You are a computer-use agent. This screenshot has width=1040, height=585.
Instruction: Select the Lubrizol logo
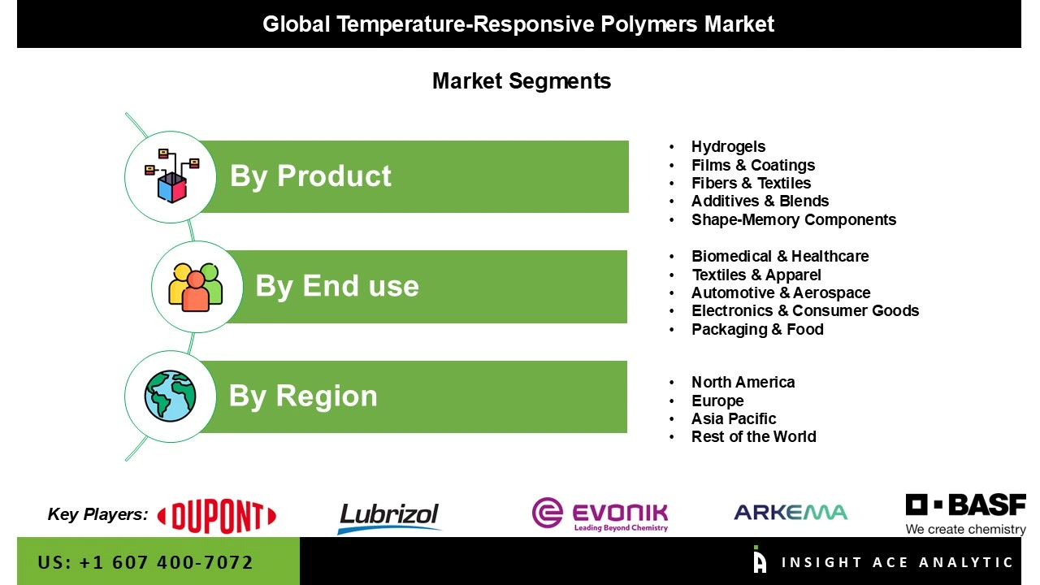coord(388,517)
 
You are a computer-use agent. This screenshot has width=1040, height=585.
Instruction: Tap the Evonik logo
coord(600,514)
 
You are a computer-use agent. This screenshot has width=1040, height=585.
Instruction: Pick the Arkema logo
coord(790,512)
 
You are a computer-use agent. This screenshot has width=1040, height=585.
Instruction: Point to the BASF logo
coord(965,514)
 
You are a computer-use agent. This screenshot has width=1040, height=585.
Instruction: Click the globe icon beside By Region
coord(171,396)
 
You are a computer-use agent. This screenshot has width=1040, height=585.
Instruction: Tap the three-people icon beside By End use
coord(196,287)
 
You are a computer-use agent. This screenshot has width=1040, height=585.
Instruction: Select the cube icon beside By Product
coord(171,176)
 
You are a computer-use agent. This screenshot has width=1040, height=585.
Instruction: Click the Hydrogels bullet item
coord(728,147)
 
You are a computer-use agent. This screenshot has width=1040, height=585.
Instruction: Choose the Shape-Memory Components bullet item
coord(793,220)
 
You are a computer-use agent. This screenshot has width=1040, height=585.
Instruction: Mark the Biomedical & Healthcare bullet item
coord(779,257)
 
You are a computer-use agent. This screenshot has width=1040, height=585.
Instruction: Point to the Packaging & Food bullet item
coord(757,330)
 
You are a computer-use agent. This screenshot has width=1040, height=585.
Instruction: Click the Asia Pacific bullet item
coord(733,419)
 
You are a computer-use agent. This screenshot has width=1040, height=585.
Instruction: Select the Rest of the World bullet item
coord(753,437)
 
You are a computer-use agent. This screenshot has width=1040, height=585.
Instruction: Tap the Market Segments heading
coord(521,81)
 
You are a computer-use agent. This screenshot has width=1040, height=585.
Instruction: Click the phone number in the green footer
coord(145,562)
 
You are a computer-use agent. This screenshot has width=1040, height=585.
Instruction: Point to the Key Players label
coord(97,514)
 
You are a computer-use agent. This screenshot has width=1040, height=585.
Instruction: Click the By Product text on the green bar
coord(310,176)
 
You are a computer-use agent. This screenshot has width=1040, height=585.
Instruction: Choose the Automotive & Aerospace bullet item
coord(780,293)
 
